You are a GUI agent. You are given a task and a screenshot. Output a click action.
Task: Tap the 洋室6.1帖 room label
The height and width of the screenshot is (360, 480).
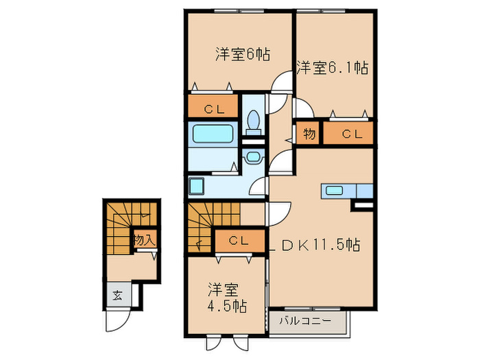pyautogui.click(x=333, y=67)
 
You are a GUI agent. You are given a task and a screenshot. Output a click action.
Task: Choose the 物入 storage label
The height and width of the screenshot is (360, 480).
pyautogui.click(x=145, y=240)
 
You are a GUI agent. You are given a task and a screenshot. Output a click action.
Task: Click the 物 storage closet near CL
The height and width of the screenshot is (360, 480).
pyautogui.click(x=309, y=134)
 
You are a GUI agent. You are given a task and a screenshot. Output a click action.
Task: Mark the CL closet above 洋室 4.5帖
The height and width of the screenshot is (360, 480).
pyautogui.click(x=239, y=241)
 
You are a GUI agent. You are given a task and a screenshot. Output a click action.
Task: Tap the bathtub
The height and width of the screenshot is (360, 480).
pyautogui.click(x=213, y=133)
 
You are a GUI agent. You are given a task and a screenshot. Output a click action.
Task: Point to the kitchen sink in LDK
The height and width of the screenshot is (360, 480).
pyautogui.click(x=335, y=191)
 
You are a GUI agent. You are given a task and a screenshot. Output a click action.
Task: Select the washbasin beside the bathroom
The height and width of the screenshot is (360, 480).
pyautogui.click(x=252, y=157)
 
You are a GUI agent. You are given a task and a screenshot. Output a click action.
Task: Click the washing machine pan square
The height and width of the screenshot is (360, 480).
pyautogui.click(x=197, y=186)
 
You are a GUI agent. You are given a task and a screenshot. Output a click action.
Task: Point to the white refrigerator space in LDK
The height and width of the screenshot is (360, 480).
pyautogui.click(x=363, y=204)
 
